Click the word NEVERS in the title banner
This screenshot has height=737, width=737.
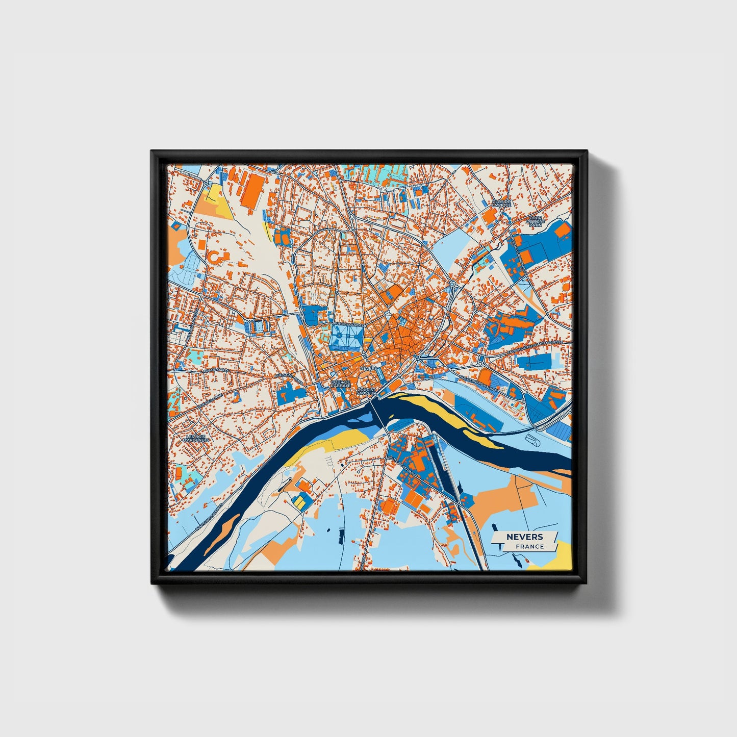(524, 537)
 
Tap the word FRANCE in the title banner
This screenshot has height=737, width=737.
(529, 546)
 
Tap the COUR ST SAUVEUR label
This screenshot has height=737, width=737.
(366, 391)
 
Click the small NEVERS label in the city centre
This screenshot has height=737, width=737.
(368, 368)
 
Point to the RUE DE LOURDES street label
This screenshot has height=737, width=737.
(348, 325)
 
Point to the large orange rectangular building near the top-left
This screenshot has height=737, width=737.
(251, 191)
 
